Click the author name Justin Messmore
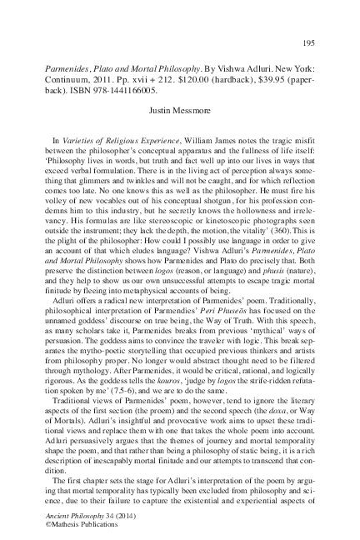[179, 107]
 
